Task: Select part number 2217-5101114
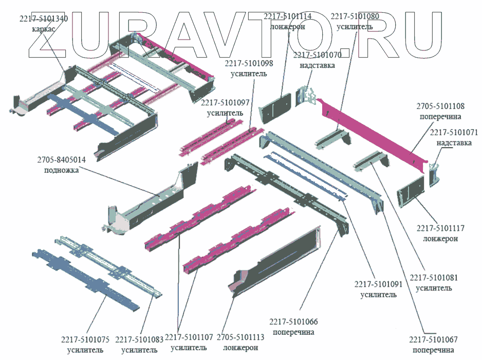[x=288, y=16]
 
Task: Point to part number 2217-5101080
[x=355, y=16]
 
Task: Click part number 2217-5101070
[x=317, y=56]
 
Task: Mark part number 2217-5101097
[x=225, y=103]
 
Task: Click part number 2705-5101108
[x=440, y=106]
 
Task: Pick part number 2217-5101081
[x=434, y=278]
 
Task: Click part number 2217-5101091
[x=378, y=284]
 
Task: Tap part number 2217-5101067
[x=433, y=340]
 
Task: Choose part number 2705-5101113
[x=240, y=338]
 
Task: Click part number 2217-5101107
[x=189, y=338]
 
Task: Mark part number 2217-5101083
[x=139, y=339]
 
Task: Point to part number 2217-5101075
[x=85, y=339]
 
